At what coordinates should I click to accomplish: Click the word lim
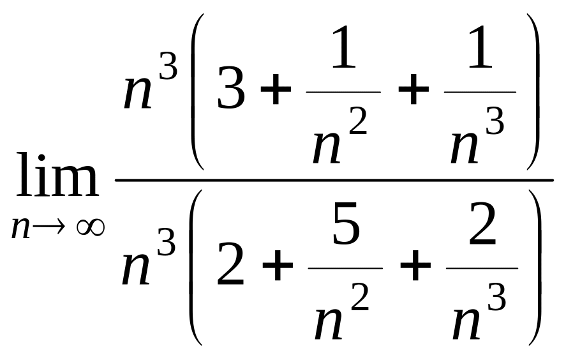pos(57,175)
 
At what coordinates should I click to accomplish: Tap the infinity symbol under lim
pos(91,228)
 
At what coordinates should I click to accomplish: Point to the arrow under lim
pos(49,227)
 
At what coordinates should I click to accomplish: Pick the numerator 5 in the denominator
pos(346,223)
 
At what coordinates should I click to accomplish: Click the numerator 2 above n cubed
pos(482,223)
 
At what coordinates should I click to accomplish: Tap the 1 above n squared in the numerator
pos(344,47)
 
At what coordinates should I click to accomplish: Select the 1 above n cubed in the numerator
pos(480,47)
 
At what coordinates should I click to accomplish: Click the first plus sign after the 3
pos(276,89)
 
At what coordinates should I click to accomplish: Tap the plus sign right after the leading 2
pos(278,266)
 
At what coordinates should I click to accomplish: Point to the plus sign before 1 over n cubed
pos(413,89)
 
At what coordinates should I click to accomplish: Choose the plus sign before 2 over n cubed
pos(415,266)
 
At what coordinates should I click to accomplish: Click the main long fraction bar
pos(334,179)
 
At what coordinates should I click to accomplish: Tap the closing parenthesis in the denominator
pos(535,267)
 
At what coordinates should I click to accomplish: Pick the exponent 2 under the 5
pos(360,297)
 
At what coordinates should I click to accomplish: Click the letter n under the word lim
pos(20,229)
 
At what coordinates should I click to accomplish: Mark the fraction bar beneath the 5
pos(345,268)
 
